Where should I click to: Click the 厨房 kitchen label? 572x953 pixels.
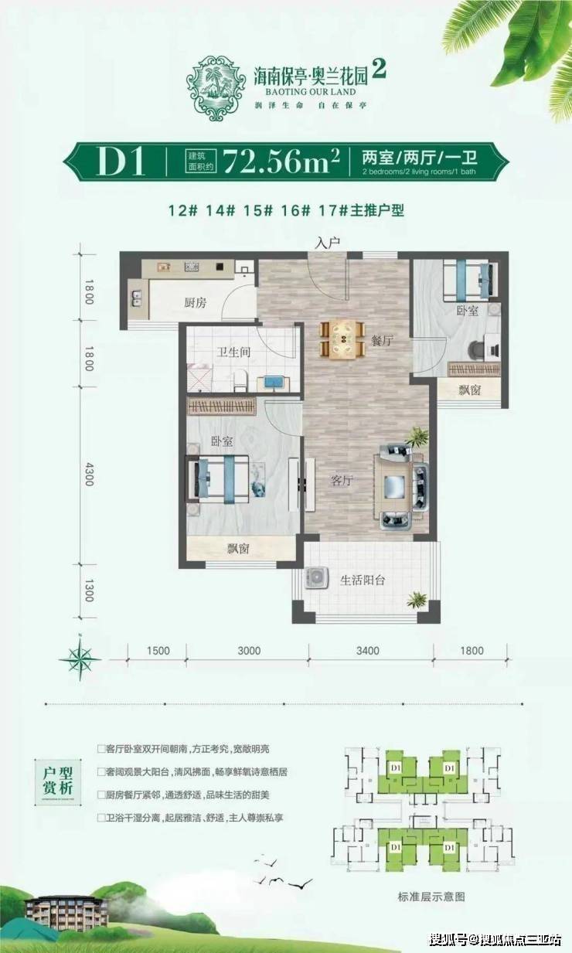[x=195, y=303]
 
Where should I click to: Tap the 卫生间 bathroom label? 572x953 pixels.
[x=231, y=353]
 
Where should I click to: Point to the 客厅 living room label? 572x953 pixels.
[x=341, y=480]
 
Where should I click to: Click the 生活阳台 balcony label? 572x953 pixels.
[x=362, y=580]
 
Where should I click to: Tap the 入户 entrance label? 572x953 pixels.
[x=328, y=243]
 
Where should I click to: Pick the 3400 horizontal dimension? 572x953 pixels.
[x=368, y=650]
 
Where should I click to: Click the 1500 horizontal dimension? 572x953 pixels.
[x=157, y=650]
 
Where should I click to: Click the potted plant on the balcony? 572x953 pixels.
[x=417, y=599]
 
